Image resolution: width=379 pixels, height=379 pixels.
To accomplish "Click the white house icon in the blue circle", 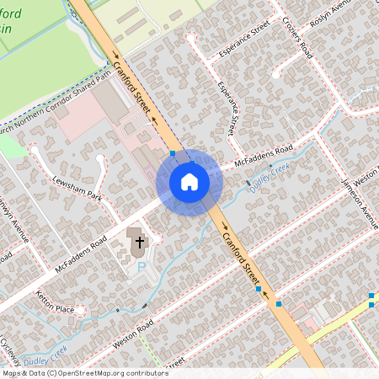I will (x=189, y=182).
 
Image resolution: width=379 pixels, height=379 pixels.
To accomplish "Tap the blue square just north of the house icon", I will (x=173, y=153).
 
